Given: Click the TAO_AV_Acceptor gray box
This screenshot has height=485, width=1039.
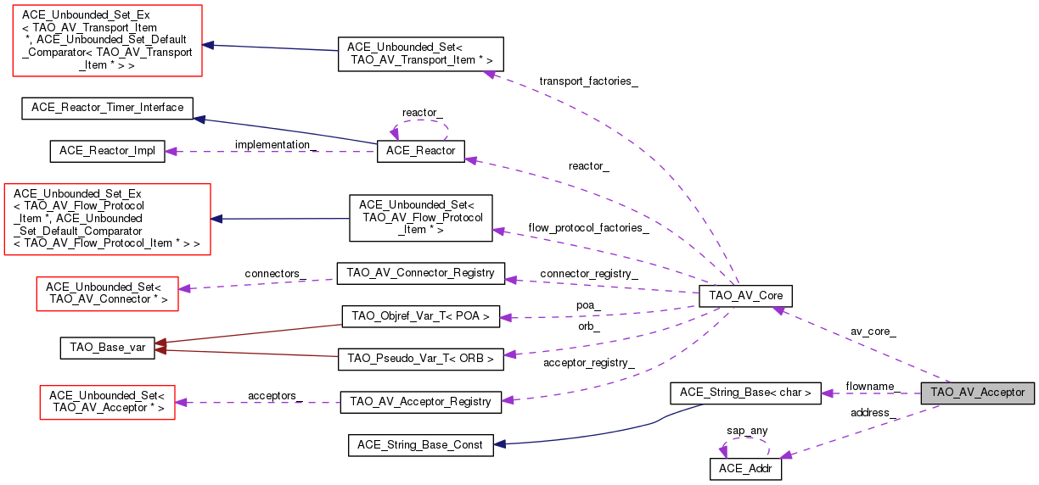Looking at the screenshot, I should pos(977,393).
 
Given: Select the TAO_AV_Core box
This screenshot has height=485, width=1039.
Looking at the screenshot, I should pos(744,296).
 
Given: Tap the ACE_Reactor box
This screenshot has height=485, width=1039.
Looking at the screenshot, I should pos(420,152).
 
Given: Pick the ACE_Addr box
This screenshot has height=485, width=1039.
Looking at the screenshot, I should pos(744,468).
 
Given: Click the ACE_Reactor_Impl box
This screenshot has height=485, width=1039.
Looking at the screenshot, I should pos(107,150).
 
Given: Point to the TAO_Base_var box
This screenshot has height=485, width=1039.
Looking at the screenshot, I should pos(107,348).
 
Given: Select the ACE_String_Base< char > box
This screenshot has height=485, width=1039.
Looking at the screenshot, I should pos(745,393).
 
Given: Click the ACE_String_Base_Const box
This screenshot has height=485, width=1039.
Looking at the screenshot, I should pos(420,444).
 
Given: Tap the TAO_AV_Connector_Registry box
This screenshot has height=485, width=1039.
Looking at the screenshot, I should pos(420,273).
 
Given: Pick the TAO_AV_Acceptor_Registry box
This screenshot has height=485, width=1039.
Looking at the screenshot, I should pos(420,402).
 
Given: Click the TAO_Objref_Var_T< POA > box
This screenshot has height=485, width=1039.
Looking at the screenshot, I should pos(420,317).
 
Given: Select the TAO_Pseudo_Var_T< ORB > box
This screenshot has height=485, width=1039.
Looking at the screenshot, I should pos(420,359).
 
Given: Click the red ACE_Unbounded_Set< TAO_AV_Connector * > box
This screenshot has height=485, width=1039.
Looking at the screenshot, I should pos(107,293).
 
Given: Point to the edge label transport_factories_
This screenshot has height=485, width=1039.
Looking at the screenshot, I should pos(588,81).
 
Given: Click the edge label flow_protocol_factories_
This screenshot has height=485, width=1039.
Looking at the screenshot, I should pos(588,228).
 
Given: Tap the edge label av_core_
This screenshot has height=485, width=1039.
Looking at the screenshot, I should pos(873,332).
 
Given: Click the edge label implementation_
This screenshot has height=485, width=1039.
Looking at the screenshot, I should pos(275,145).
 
